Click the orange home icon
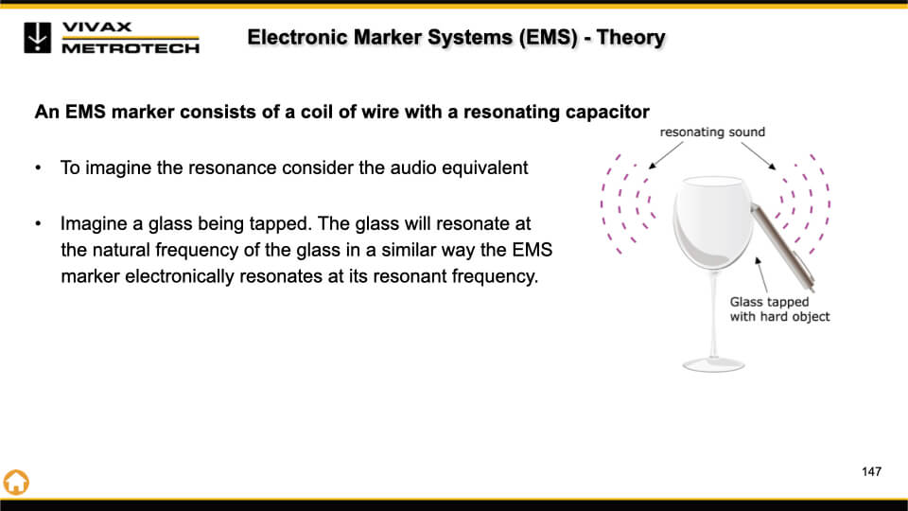tap(16, 482)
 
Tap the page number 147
tap(871, 471)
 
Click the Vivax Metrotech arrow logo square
tap(37, 38)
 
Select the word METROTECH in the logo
tap(131, 48)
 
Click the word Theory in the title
tap(631, 37)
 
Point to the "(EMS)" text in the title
tap(548, 37)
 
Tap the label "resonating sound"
tap(712, 132)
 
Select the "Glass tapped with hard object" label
tap(779, 309)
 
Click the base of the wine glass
tap(713, 365)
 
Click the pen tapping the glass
tap(782, 246)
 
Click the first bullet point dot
tap(38, 168)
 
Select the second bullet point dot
tap(38, 223)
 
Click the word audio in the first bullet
tap(413, 168)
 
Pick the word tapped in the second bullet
tap(280, 224)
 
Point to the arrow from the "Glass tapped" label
tap(761, 275)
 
